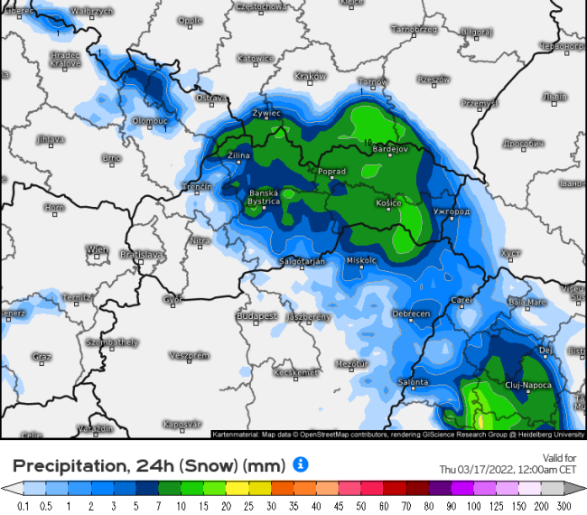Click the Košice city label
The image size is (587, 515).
pos(387,203)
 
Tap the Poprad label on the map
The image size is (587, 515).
pos(331,171)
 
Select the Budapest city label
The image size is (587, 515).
pos(256,316)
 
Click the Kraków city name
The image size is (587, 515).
pos(310,77)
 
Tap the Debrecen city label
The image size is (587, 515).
pos(411,314)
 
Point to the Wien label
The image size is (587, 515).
pos(97,249)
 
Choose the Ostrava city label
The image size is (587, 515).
pos(210,97)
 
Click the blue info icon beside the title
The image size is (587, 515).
pos(301,463)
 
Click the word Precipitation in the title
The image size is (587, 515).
pos(68,465)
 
